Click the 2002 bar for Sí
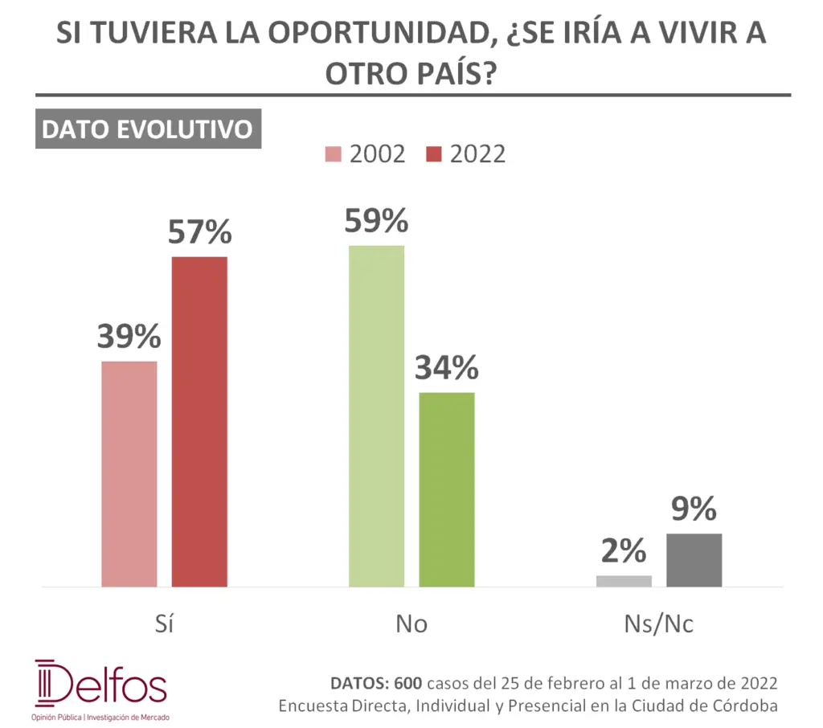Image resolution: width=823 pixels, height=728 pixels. click(x=129, y=474)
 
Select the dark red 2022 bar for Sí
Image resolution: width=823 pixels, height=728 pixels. click(x=199, y=422)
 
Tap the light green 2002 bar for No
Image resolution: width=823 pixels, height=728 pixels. click(x=376, y=416)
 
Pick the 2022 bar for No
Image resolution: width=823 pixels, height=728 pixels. click(x=447, y=489)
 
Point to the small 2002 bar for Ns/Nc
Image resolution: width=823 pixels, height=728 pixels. click(x=624, y=581)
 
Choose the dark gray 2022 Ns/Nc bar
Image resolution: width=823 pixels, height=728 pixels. click(x=694, y=560)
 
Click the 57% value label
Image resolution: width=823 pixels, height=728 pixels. click(x=199, y=232)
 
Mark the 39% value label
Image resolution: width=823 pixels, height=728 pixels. click(x=129, y=337)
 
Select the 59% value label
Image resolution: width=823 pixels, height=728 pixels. click(x=376, y=221)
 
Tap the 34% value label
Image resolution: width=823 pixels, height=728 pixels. click(x=447, y=368)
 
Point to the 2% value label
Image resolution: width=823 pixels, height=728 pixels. click(x=624, y=551)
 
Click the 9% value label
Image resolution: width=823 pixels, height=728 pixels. click(x=694, y=509)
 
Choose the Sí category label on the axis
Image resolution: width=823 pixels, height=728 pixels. click(x=164, y=624)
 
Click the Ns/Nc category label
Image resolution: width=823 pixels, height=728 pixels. click(x=659, y=624)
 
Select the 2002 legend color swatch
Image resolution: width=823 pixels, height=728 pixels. click(x=334, y=154)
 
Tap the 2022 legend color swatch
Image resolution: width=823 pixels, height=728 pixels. click(x=435, y=154)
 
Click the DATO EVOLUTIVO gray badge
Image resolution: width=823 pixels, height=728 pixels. click(x=148, y=129)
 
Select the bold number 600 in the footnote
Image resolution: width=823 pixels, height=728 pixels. click(x=407, y=684)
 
